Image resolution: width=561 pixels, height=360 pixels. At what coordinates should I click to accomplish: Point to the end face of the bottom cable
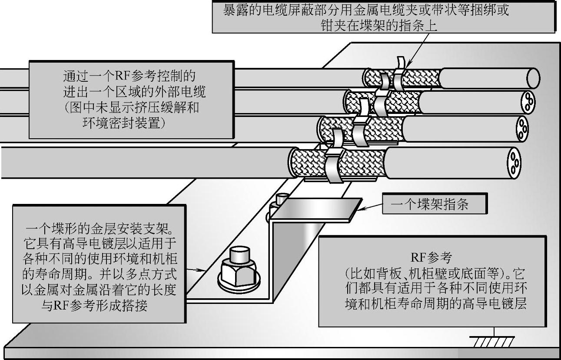(x=515, y=162)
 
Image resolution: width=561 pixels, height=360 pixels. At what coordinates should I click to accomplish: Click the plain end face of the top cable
(x=533, y=79)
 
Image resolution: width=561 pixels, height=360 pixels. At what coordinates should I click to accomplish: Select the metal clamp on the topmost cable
(x=399, y=76)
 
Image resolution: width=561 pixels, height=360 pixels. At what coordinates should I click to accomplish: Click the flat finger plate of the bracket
(x=315, y=208)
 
